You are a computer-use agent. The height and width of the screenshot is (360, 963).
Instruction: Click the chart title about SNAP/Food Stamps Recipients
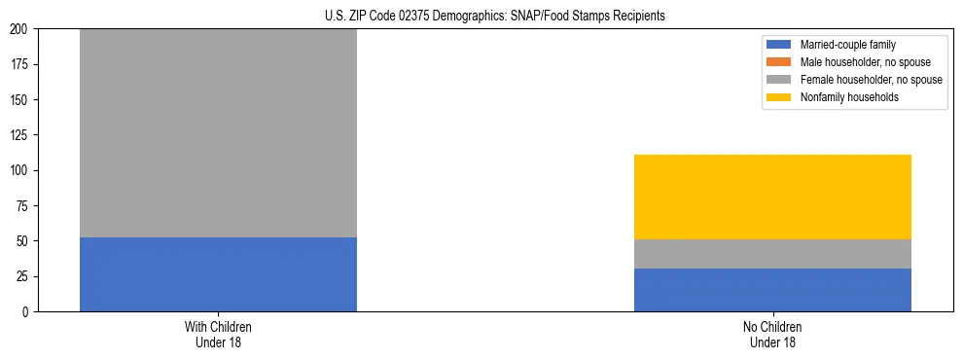[495, 17]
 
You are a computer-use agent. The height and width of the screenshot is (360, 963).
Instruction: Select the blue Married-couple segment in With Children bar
[218, 274]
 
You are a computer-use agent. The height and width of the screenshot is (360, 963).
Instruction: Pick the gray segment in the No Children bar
[772, 254]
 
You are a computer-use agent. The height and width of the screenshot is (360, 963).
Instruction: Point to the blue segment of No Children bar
[772, 290]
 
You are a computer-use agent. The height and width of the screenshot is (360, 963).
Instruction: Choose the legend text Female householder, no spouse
[871, 80]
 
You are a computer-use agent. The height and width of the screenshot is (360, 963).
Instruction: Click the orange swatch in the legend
[780, 62]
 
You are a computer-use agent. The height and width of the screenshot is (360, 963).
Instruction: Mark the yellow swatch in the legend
[780, 97]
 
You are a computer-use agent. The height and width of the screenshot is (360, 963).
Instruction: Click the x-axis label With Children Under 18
[218, 335]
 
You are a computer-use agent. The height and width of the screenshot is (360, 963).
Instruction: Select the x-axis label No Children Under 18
[772, 335]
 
